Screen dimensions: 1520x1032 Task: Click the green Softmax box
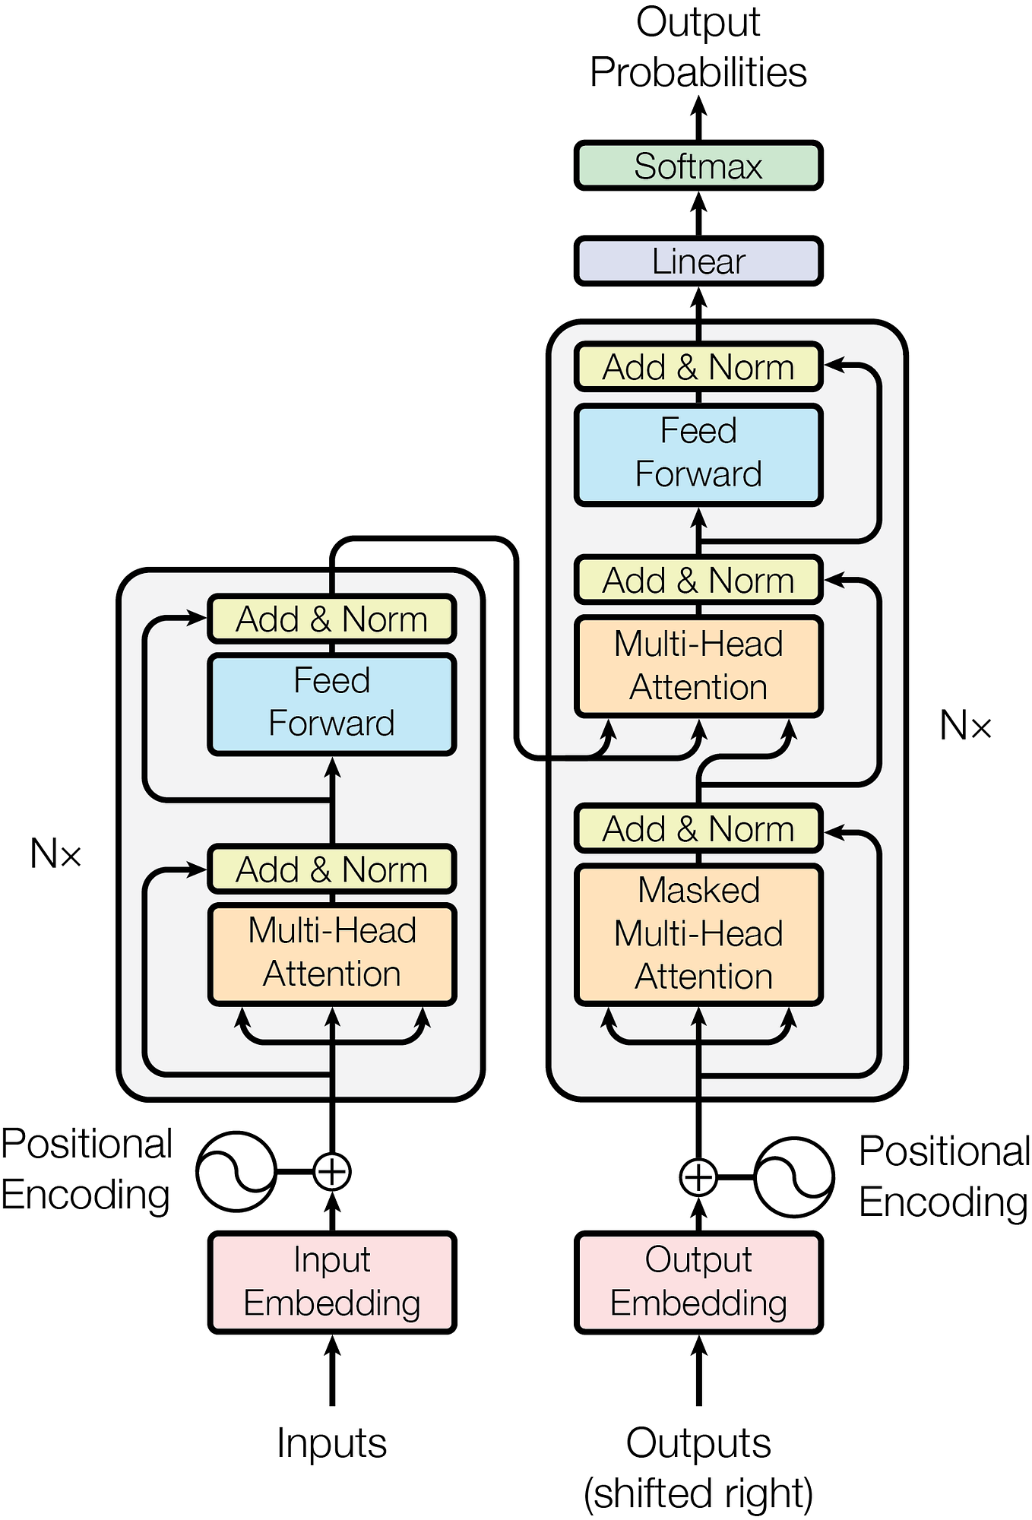coord(698,166)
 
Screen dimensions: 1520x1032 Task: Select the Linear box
coord(698,261)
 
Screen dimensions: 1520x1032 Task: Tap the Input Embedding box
coord(332,1282)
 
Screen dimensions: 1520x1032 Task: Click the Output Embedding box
coord(698,1282)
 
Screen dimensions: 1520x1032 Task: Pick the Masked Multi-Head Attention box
coord(698,934)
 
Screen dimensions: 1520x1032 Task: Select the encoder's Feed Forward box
coord(332,704)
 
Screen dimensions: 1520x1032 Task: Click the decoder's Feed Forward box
coord(698,454)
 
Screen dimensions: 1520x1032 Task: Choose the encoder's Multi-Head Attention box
coord(332,953)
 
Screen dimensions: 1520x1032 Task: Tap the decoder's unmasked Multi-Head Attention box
coord(698,666)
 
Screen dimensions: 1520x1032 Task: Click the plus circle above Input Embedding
coord(332,1171)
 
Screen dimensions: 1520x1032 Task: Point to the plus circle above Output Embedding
coord(698,1177)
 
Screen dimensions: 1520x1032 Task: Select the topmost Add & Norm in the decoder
coord(698,367)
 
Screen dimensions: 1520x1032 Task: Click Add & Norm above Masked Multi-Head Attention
coord(698,828)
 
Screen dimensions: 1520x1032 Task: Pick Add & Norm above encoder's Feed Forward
coord(332,619)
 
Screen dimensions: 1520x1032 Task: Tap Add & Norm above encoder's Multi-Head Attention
coord(332,869)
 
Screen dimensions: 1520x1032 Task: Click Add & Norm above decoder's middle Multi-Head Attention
coord(698,580)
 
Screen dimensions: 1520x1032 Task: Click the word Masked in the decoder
coord(698,890)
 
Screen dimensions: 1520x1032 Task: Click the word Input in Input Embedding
coord(332,1260)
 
